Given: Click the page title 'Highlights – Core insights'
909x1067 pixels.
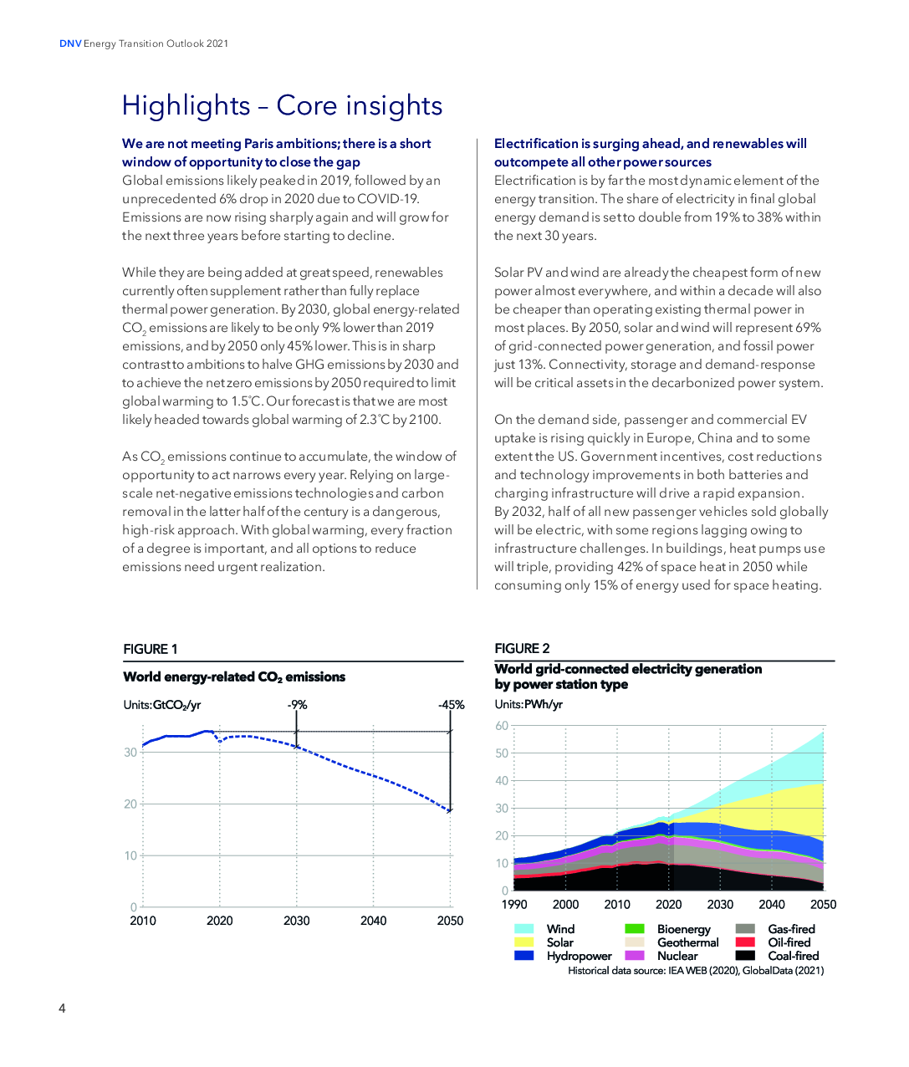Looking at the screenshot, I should tap(282, 106).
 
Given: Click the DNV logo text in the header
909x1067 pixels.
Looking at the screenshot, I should tap(70, 43).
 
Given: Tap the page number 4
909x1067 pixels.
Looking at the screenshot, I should tap(62, 1008).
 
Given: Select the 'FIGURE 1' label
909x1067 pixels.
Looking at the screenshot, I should tap(151, 649).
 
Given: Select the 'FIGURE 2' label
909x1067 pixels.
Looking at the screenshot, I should tap(522, 648).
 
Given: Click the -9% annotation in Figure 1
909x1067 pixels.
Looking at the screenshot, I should tap(297, 705).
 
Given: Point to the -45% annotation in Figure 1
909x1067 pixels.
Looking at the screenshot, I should tap(451, 705).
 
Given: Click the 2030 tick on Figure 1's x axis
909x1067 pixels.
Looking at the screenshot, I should tap(296, 921).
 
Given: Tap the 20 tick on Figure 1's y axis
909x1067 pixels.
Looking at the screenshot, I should tap(130, 804).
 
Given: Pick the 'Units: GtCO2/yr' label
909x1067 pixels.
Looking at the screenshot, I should tap(162, 705).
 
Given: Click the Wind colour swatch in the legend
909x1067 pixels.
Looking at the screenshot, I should tap(524, 929).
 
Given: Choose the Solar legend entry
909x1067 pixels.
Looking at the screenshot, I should tap(559, 942).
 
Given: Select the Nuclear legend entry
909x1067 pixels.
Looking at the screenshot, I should tap(677, 956).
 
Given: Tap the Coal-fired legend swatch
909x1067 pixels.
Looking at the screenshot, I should tap(745, 956).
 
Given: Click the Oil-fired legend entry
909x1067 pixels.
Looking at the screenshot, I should tap(789, 942).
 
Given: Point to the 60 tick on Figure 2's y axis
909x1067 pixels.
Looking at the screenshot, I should tap(502, 726).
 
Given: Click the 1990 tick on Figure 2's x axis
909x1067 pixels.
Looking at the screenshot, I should tap(514, 904).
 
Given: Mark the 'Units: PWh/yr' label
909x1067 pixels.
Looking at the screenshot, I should tap(529, 704).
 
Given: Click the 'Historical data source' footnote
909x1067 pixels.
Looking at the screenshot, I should tap(696, 971).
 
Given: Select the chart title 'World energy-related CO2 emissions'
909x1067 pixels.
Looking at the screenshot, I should tap(234, 677).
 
